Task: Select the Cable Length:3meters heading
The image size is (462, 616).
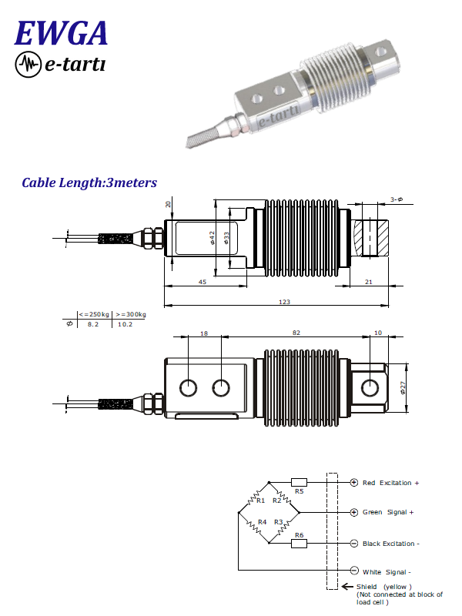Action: point(89,183)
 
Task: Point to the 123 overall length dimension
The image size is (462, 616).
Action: point(284,301)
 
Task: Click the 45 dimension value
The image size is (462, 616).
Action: point(203,283)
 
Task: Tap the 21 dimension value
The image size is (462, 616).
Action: point(368,283)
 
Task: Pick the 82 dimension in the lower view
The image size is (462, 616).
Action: point(296,333)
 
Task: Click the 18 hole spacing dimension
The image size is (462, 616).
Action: point(204,333)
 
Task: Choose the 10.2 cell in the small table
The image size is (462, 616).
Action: point(125,325)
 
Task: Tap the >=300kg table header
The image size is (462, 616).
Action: point(131,314)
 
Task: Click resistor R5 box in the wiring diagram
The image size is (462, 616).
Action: point(300,483)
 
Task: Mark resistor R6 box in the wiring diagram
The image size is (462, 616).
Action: point(300,543)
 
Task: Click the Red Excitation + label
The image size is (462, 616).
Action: point(390,483)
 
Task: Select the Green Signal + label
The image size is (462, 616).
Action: point(388,512)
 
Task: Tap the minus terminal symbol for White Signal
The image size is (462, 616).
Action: point(354,571)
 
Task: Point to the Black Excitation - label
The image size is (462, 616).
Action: point(391,543)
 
